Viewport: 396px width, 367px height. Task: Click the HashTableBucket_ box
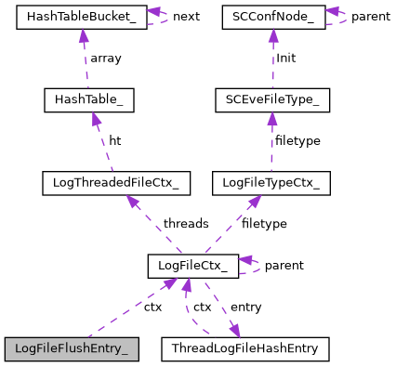(x=82, y=17)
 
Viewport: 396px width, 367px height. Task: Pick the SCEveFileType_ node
(x=271, y=98)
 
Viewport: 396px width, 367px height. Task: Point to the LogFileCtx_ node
(x=192, y=267)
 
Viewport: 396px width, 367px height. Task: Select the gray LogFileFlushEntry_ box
(x=72, y=349)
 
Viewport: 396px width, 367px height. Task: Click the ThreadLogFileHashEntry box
(x=245, y=349)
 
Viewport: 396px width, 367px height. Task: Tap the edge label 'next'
(x=186, y=17)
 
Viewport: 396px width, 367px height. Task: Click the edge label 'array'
(x=105, y=58)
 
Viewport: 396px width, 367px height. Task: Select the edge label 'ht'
(x=114, y=140)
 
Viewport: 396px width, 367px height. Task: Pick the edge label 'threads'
(x=185, y=224)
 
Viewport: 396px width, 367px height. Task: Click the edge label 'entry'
(x=245, y=308)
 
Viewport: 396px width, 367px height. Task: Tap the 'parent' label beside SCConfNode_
(x=371, y=17)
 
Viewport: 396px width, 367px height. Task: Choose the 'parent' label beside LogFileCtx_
(x=284, y=266)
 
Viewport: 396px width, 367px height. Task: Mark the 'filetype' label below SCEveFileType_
(x=298, y=140)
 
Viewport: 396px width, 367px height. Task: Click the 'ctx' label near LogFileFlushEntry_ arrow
(x=152, y=306)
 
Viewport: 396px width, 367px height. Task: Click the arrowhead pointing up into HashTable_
(x=85, y=115)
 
